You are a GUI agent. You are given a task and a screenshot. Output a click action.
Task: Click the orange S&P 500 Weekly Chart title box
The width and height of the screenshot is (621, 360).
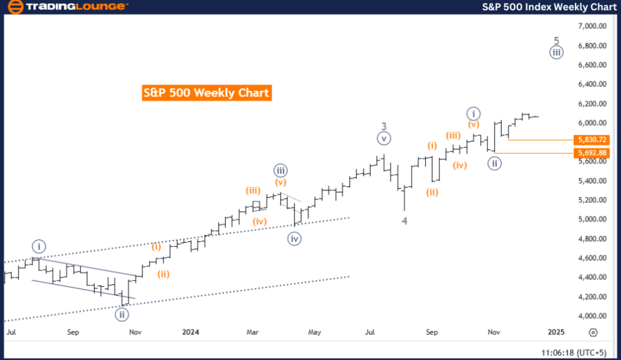(206, 92)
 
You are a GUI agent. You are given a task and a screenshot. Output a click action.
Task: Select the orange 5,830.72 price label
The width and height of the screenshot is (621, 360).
(592, 139)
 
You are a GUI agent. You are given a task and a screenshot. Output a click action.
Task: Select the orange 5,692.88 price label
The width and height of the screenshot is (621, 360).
(592, 152)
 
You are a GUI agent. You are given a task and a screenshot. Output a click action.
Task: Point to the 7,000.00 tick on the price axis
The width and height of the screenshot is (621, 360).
(592, 26)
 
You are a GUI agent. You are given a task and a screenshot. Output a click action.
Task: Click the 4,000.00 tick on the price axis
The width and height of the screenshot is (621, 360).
(592, 316)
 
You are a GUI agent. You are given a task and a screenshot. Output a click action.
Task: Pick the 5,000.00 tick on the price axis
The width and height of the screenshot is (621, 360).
(592, 219)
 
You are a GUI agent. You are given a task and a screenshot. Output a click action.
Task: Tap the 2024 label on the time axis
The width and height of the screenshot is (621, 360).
(191, 332)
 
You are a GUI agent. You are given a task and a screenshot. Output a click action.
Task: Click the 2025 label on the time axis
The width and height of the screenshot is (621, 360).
(555, 332)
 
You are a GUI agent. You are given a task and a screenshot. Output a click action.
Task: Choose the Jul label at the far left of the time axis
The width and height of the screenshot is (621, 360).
(12, 332)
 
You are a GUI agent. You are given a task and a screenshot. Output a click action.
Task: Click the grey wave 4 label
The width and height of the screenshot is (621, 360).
(404, 221)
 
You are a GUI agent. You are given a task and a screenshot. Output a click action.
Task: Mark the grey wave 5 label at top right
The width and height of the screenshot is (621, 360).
(556, 40)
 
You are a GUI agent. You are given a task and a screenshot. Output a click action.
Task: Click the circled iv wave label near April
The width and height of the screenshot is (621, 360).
(295, 239)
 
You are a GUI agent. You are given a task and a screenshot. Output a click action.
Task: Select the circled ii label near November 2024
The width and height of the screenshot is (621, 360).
(494, 163)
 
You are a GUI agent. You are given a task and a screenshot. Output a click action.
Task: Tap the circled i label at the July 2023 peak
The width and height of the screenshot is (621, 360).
(39, 246)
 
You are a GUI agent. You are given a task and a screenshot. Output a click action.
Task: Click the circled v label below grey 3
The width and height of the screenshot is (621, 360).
(384, 139)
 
